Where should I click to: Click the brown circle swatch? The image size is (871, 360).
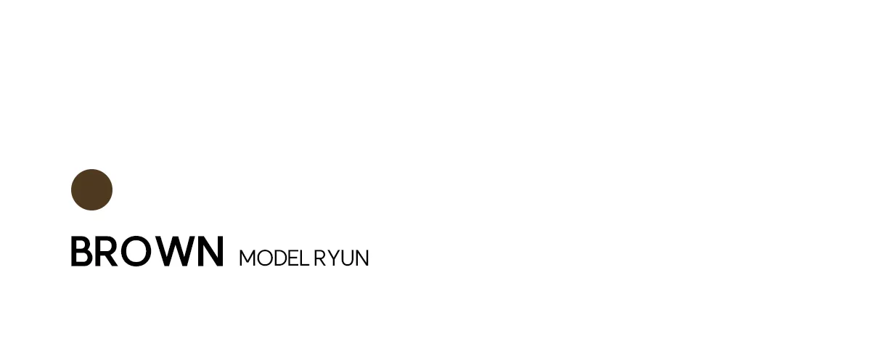pyautogui.click(x=91, y=189)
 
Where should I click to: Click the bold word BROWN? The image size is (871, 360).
pyautogui.click(x=147, y=252)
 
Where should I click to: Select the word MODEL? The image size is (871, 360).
pyautogui.click(x=274, y=258)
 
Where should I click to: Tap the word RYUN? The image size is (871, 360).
pyautogui.click(x=341, y=258)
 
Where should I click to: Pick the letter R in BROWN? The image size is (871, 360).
pyautogui.click(x=106, y=252)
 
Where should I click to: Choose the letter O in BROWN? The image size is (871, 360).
pyautogui.click(x=136, y=252)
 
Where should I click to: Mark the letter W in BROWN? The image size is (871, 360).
pyautogui.click(x=173, y=252)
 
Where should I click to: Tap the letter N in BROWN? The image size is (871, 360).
pyautogui.click(x=210, y=252)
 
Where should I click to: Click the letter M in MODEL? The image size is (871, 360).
pyautogui.click(x=248, y=258)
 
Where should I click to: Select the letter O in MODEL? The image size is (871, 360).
pyautogui.click(x=265, y=258)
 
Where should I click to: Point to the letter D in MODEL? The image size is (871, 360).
pyautogui.click(x=282, y=258)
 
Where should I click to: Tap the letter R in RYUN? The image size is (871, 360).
pyautogui.click(x=319, y=258)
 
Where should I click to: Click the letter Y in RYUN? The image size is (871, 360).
pyautogui.click(x=333, y=258)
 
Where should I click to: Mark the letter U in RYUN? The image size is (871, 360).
pyautogui.click(x=346, y=258)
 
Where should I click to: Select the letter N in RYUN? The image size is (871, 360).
pyautogui.click(x=362, y=258)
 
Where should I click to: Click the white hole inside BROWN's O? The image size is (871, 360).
pyautogui.click(x=136, y=252)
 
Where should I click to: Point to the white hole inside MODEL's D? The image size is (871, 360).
pyautogui.click(x=282, y=258)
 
